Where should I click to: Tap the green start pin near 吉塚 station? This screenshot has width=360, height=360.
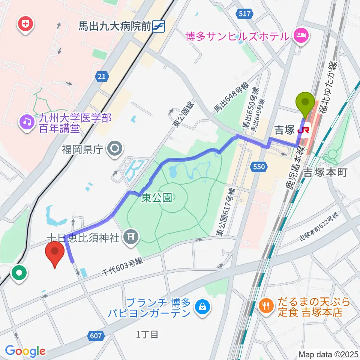pyautogui.click(x=305, y=102)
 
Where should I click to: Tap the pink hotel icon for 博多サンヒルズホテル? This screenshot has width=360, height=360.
pyautogui.click(x=301, y=36)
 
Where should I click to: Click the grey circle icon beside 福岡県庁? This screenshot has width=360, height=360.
pyautogui.click(x=114, y=150)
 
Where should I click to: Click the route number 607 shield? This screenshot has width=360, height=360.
pyautogui.click(x=96, y=336)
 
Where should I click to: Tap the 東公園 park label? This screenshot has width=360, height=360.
pyautogui.click(x=157, y=198)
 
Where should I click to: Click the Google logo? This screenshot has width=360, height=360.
pyautogui.click(x=25, y=351)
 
